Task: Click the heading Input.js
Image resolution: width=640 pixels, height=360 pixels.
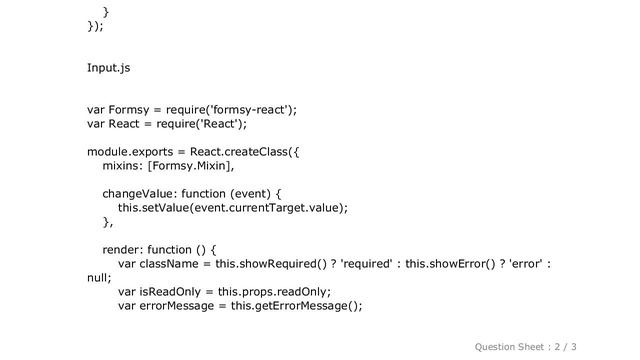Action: (x=108, y=67)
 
